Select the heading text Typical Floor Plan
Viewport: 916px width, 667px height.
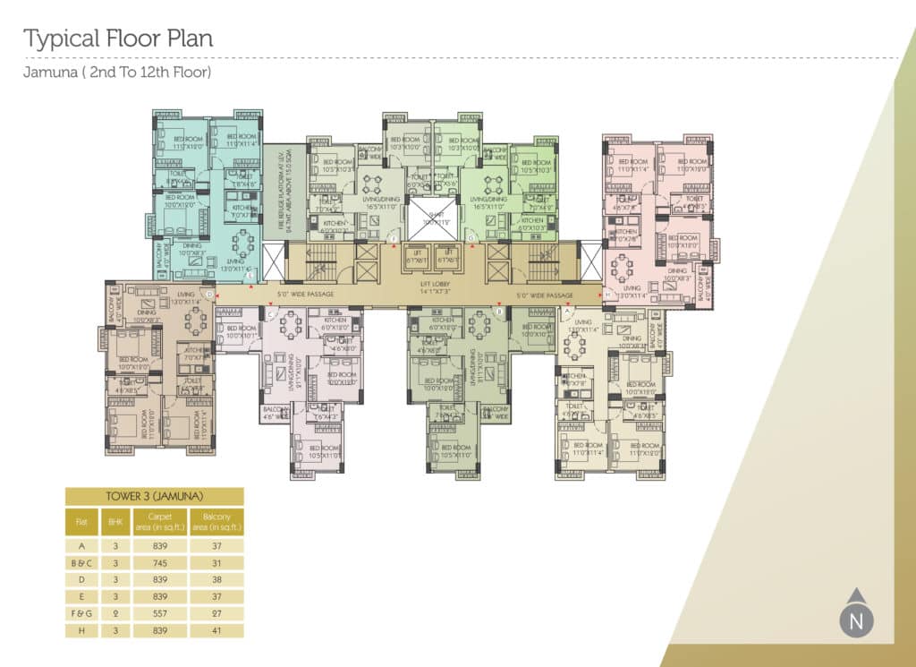118,39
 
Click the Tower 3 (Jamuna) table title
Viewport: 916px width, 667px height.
154,496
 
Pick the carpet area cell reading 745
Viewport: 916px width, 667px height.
161,563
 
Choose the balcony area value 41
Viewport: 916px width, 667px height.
216,630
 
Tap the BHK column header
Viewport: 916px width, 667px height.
114,520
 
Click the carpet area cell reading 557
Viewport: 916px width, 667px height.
161,613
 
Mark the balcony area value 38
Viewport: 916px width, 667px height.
216,579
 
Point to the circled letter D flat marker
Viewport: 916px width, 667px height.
209,294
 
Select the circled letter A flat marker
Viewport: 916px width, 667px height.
566,311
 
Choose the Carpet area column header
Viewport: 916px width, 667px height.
161,520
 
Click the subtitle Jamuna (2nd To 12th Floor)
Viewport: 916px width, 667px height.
117,72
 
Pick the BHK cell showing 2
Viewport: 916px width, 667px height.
114,613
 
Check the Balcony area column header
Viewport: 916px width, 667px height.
216,520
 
